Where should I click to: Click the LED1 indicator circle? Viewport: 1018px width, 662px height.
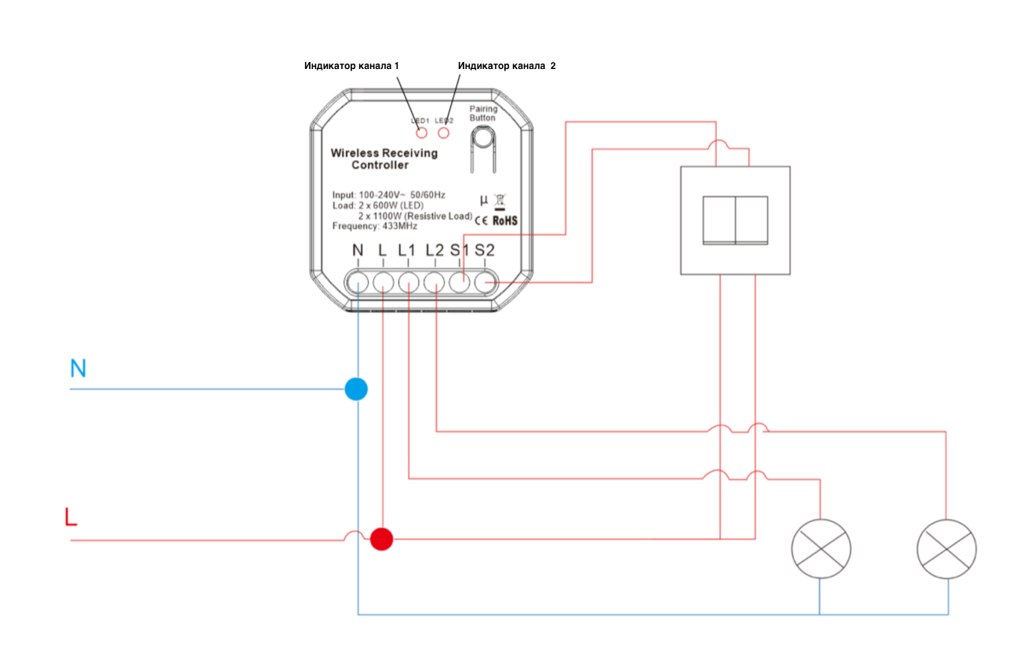click(422, 132)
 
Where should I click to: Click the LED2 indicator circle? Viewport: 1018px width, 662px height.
click(445, 132)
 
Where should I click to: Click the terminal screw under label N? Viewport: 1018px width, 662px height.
click(358, 282)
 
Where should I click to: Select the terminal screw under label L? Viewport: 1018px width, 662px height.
click(383, 282)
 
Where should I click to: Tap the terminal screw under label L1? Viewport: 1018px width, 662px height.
click(409, 282)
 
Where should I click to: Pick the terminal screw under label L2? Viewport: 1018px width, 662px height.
click(434, 282)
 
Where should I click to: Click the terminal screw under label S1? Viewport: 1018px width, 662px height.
click(460, 282)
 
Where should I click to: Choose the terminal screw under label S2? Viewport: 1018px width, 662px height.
click(486, 282)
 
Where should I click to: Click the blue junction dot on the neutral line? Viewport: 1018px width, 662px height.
click(357, 388)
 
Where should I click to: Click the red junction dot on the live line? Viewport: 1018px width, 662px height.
click(382, 539)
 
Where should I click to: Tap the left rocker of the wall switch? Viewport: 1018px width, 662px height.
click(718, 220)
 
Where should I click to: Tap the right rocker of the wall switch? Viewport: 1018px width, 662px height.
click(751, 220)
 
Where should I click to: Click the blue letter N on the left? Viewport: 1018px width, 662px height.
click(78, 369)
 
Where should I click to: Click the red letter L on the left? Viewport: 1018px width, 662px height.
click(71, 518)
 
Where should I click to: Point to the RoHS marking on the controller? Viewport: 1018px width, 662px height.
click(505, 221)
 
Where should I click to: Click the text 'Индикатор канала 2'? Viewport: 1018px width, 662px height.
click(507, 67)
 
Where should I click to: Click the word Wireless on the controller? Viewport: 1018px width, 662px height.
click(356, 153)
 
